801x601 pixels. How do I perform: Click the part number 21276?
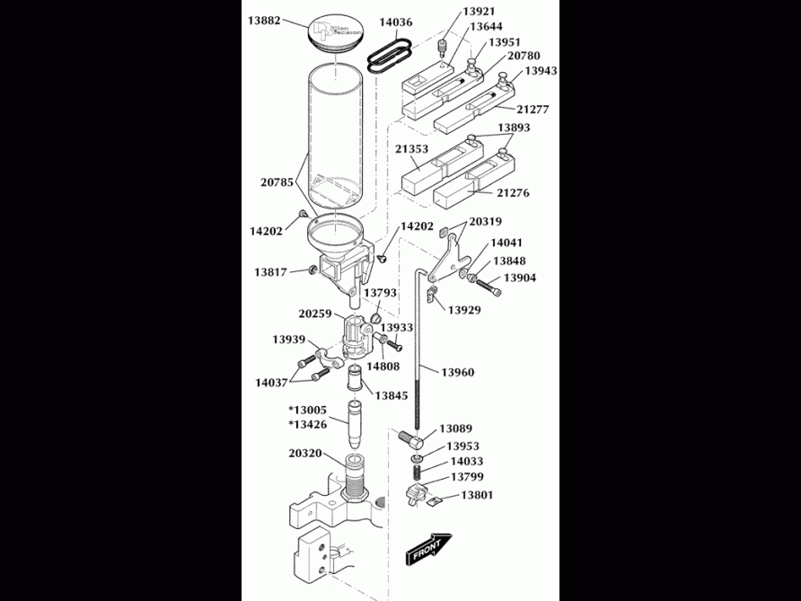click(514, 192)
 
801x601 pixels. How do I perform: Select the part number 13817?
click(269, 270)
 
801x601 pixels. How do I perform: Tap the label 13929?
click(463, 309)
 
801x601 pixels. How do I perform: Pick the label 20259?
click(315, 314)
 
